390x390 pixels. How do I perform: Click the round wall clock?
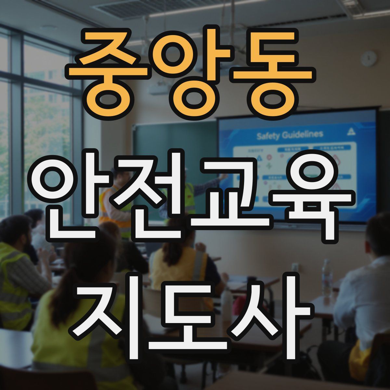369,59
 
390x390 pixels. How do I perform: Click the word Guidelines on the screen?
303,134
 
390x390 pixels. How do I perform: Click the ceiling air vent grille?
136,8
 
